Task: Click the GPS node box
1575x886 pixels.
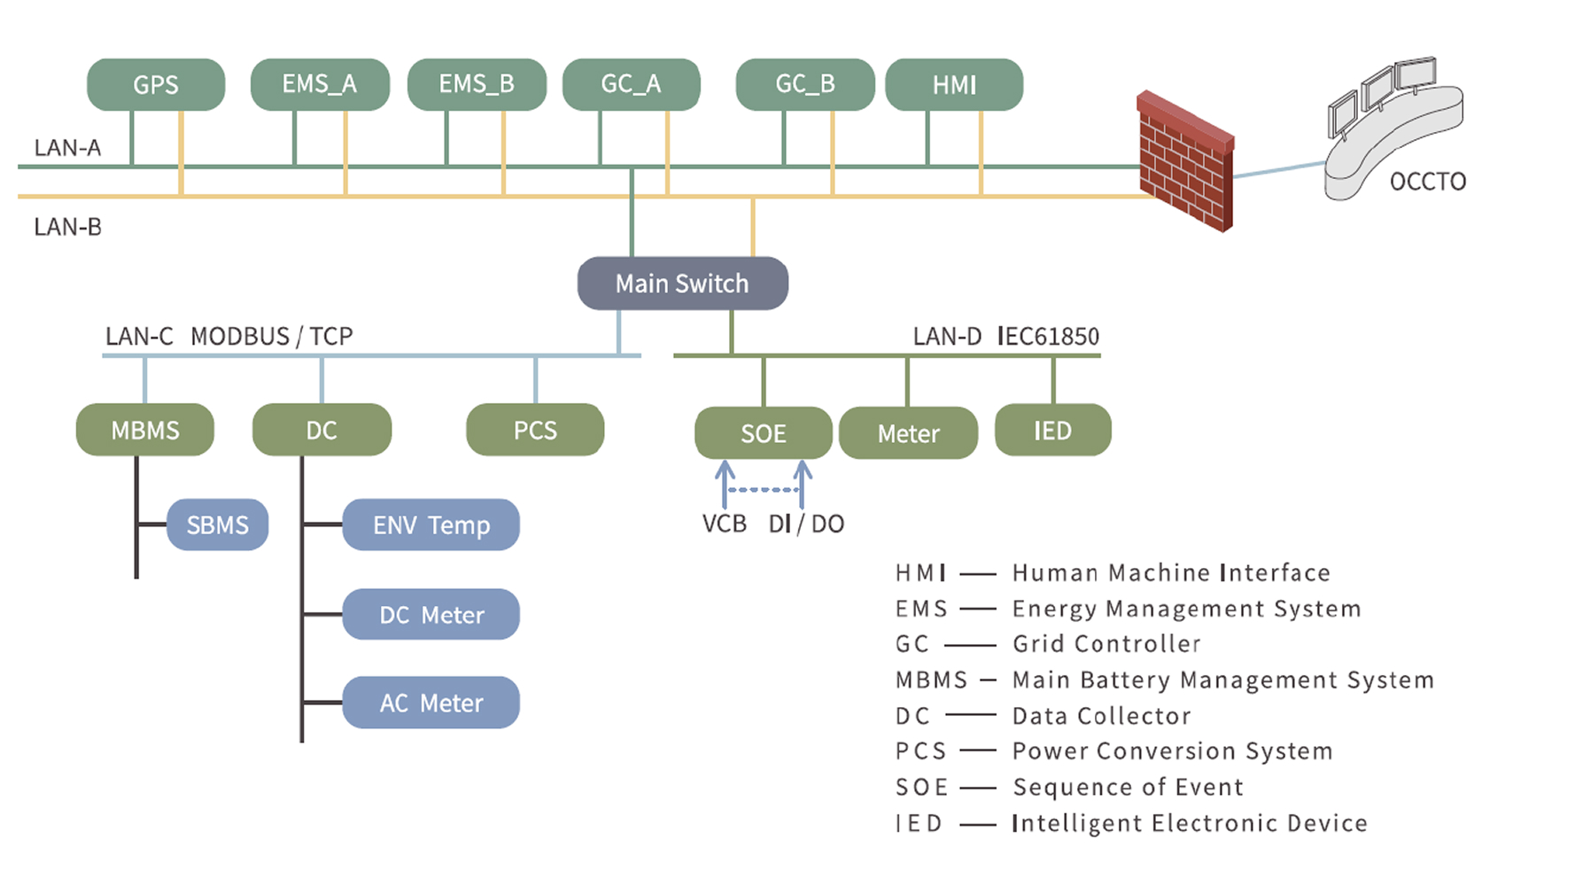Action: tap(156, 85)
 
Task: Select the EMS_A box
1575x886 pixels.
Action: tap(320, 84)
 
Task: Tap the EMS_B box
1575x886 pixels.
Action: tap(477, 84)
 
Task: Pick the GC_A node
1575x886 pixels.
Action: tap(631, 84)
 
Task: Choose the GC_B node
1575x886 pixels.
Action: tap(805, 84)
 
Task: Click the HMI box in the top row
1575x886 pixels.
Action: tap(954, 85)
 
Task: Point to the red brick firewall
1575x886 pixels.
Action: tap(1185, 161)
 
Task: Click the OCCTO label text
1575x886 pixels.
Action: tap(1427, 182)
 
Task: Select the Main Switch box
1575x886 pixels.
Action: tap(682, 284)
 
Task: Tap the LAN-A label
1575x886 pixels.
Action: tap(67, 148)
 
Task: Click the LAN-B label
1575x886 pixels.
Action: tap(67, 227)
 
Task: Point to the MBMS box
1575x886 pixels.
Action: tap(145, 431)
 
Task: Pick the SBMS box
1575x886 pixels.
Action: tap(217, 525)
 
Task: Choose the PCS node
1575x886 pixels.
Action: tap(535, 431)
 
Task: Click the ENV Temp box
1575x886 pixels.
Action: tap(431, 525)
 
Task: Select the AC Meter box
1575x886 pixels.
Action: tap(431, 703)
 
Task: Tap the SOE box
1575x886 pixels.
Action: tap(763, 433)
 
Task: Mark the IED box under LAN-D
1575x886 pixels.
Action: tap(1052, 431)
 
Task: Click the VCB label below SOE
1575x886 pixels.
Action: tap(724, 524)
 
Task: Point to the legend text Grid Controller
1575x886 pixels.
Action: tap(1106, 644)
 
